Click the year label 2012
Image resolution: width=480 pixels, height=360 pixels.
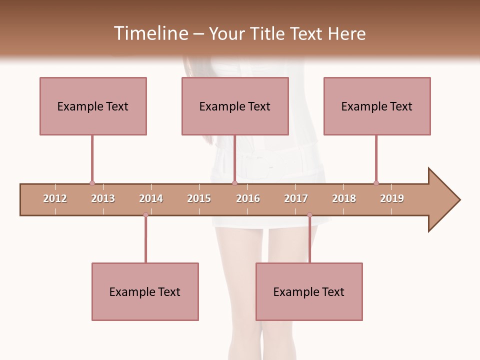point(55,198)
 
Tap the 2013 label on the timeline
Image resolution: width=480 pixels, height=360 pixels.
point(103,198)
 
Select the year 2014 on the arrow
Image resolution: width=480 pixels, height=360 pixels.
point(151,198)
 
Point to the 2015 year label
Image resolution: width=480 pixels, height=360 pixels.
point(199,198)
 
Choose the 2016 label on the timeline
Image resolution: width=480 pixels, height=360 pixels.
point(248,198)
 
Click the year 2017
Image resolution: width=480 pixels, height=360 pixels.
point(296,198)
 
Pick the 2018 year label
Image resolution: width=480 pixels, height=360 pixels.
point(344,198)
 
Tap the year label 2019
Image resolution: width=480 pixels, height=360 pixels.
point(392,198)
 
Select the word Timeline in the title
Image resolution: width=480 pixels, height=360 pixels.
point(150,33)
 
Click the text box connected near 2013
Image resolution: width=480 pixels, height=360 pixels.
point(93,106)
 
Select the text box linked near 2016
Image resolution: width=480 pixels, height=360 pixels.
point(235,106)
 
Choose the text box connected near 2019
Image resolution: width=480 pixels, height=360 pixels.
point(377,106)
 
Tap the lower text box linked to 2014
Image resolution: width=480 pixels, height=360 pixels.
point(145,291)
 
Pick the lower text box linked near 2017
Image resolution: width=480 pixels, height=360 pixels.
point(309,291)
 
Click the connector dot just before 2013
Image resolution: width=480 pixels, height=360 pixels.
point(92,183)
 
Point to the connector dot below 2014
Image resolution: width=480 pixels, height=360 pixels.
point(145,215)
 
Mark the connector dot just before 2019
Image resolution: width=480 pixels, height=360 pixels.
point(376,183)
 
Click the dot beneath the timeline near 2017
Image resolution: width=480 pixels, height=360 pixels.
point(309,215)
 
